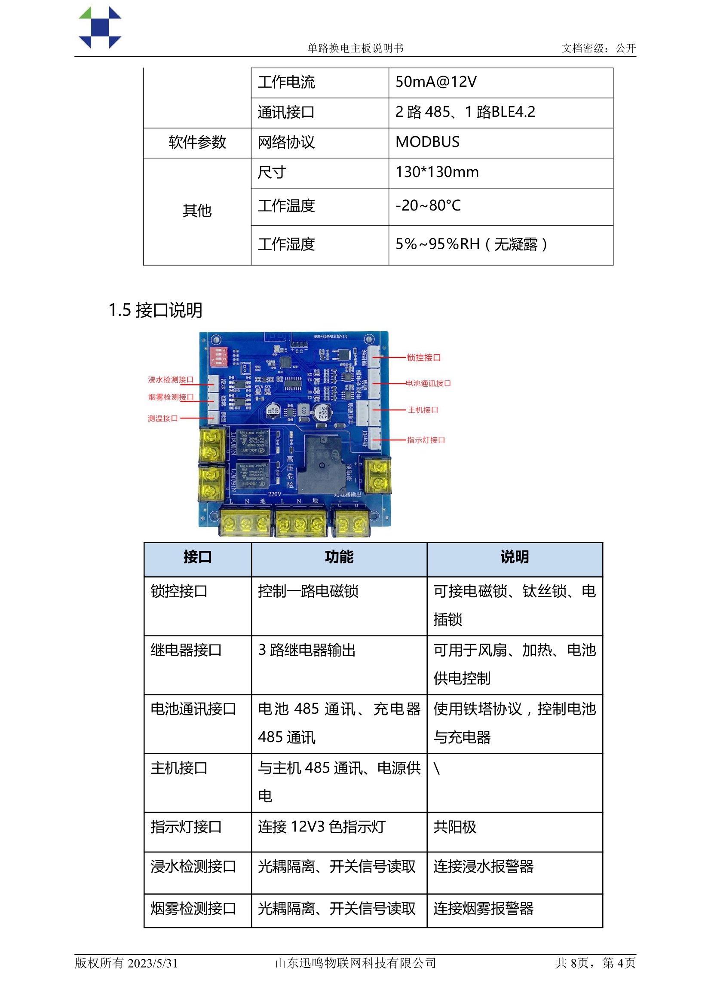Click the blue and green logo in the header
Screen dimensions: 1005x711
pyautogui.click(x=100, y=27)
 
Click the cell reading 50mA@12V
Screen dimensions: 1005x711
pyautogui.click(x=435, y=82)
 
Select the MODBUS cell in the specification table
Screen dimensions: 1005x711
pyautogui.click(x=427, y=142)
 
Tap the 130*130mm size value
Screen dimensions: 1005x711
pyautogui.click(x=437, y=172)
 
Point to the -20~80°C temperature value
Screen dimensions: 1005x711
pyautogui.click(x=428, y=205)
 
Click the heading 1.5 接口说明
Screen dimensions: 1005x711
pyautogui.click(x=156, y=310)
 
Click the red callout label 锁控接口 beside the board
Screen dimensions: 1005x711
pyautogui.click(x=423, y=357)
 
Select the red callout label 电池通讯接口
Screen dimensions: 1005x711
pyautogui.click(x=428, y=383)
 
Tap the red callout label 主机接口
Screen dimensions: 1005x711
pyautogui.click(x=423, y=410)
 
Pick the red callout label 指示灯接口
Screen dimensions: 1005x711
pyautogui.click(x=426, y=440)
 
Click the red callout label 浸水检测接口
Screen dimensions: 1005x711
pyautogui.click(x=170, y=379)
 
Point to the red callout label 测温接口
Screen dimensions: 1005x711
pyautogui.click(x=162, y=418)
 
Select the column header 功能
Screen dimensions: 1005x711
pyautogui.click(x=339, y=557)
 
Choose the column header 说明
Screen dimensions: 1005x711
pyautogui.click(x=515, y=557)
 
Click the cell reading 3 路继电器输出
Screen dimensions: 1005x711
pyautogui.click(x=306, y=650)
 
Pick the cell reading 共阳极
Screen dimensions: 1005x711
pyautogui.click(x=454, y=827)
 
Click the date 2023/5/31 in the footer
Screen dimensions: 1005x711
pyautogui.click(x=153, y=963)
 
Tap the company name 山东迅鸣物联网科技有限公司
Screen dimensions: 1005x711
pyautogui.click(x=355, y=963)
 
